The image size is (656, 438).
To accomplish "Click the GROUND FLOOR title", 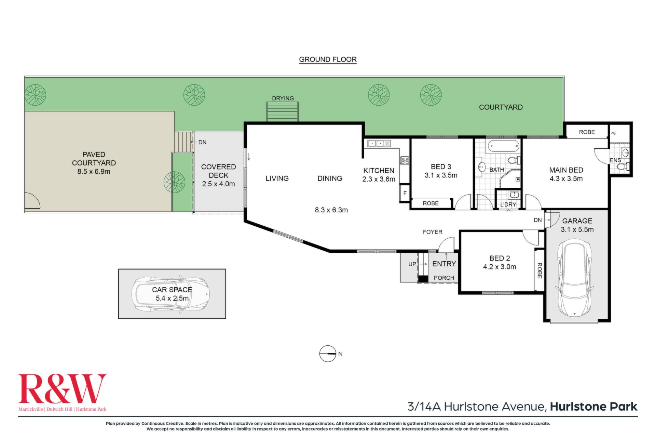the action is (x=328, y=59).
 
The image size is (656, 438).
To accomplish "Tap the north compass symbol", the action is (x=328, y=354).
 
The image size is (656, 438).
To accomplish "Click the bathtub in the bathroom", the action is (x=503, y=146).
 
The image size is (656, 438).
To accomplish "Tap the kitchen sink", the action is (x=376, y=144).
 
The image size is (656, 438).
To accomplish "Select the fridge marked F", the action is (x=405, y=193).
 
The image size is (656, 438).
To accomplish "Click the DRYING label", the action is (x=283, y=98).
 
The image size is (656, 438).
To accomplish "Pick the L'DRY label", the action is (x=508, y=204).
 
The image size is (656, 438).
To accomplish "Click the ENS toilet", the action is (x=624, y=167).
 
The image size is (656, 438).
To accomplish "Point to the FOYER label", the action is (x=433, y=232).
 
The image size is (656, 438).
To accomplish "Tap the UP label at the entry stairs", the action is (x=412, y=264).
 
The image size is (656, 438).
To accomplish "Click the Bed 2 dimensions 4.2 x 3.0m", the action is (x=500, y=267).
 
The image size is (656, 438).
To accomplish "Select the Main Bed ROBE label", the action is (x=587, y=132).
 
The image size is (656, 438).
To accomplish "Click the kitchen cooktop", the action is (x=405, y=160).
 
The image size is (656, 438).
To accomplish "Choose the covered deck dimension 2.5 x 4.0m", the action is (x=218, y=184).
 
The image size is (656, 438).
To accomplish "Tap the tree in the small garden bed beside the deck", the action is (x=174, y=182).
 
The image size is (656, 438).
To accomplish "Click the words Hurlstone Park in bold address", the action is (x=594, y=407).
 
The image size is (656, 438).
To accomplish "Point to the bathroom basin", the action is (x=482, y=167).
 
